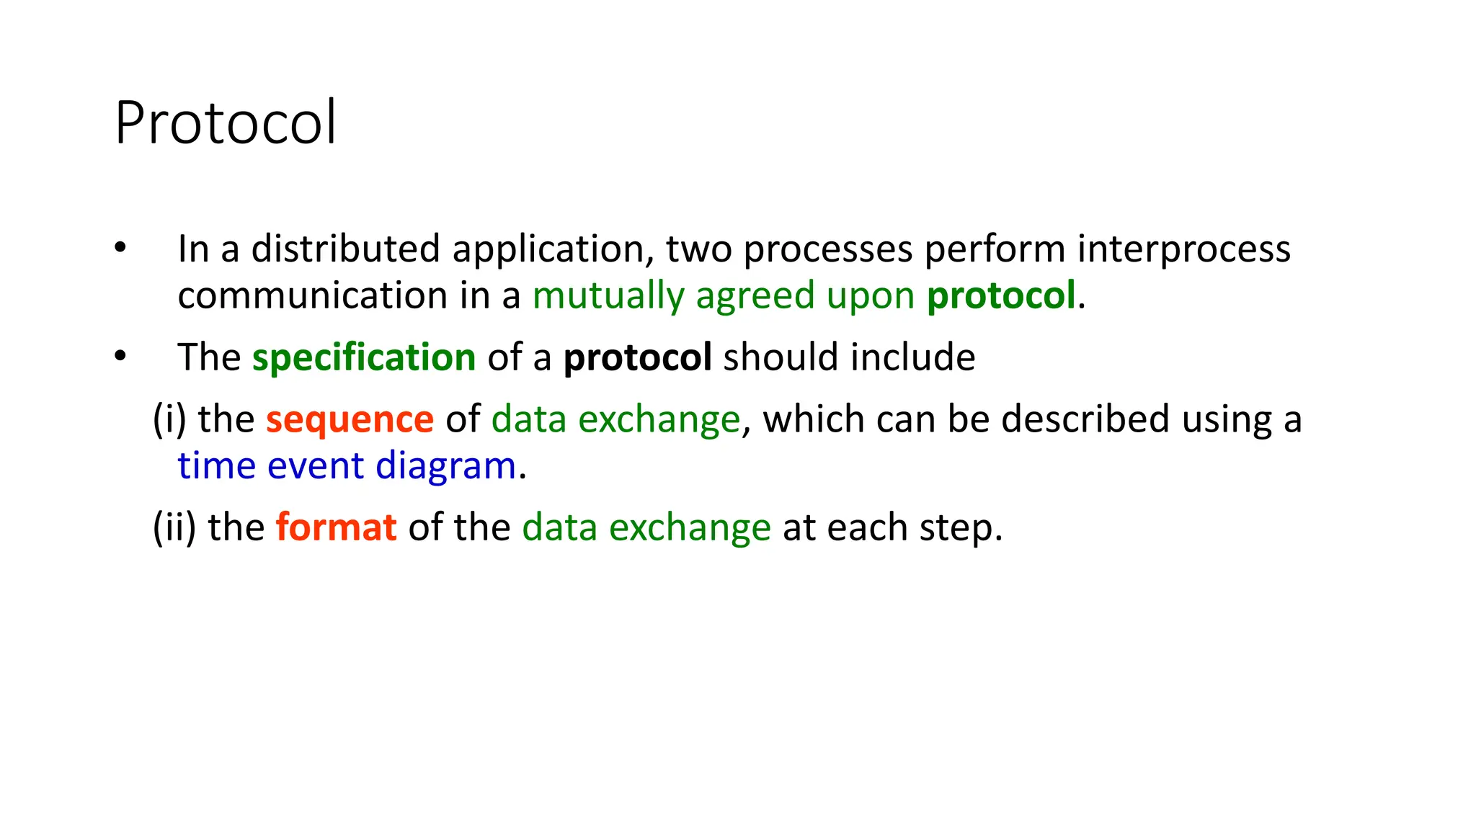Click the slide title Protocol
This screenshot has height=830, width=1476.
click(x=225, y=122)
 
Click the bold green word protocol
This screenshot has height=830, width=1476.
click(x=1000, y=296)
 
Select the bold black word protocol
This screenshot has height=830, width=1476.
click(x=637, y=357)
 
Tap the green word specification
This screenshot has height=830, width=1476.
click(x=363, y=358)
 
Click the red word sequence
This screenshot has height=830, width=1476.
click(x=350, y=419)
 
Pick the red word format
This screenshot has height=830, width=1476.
click(x=336, y=527)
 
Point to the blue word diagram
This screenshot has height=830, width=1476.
click(x=445, y=466)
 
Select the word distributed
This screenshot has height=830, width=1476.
click(x=345, y=249)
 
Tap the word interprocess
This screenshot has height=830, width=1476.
click(x=1183, y=249)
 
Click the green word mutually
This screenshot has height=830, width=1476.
click(x=608, y=296)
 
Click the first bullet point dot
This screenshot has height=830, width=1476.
click(x=120, y=249)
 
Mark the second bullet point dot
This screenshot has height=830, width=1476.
click(x=120, y=356)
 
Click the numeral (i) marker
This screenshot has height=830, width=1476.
click(x=169, y=419)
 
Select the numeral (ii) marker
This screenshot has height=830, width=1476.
click(x=174, y=527)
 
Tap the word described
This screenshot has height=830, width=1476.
click(x=1085, y=419)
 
